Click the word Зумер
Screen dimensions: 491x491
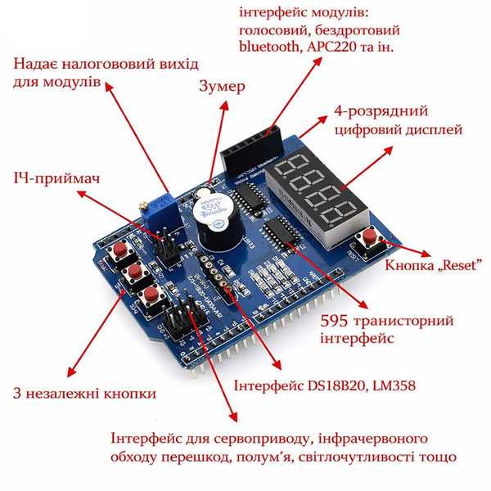pos(222,87)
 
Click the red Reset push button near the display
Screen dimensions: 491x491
pos(369,236)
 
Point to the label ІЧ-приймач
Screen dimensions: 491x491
pos(56,178)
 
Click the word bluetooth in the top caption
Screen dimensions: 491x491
pos(269,47)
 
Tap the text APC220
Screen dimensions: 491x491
pos(331,47)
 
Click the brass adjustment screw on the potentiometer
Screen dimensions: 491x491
pos(143,205)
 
